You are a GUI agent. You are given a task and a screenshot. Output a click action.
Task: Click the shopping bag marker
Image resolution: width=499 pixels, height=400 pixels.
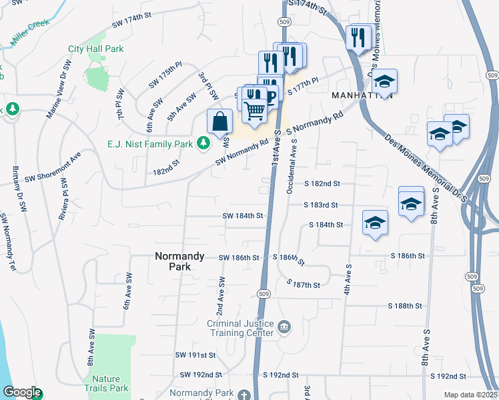click(219, 122)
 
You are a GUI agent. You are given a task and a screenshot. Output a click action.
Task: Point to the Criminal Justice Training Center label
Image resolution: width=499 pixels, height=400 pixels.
click(241, 328)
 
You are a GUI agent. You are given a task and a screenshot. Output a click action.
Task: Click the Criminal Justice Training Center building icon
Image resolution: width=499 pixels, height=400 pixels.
click(284, 327)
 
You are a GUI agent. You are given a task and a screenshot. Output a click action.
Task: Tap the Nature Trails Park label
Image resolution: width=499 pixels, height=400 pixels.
click(110, 383)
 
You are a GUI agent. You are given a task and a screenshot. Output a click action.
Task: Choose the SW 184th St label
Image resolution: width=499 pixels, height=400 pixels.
click(243, 216)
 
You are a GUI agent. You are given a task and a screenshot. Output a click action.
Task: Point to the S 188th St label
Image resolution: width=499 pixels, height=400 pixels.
click(406, 306)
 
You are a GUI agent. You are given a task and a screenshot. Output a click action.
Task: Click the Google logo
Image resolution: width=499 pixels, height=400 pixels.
click(22, 393)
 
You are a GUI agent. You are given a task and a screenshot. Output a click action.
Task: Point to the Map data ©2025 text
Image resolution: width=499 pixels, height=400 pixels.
click(470, 395)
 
